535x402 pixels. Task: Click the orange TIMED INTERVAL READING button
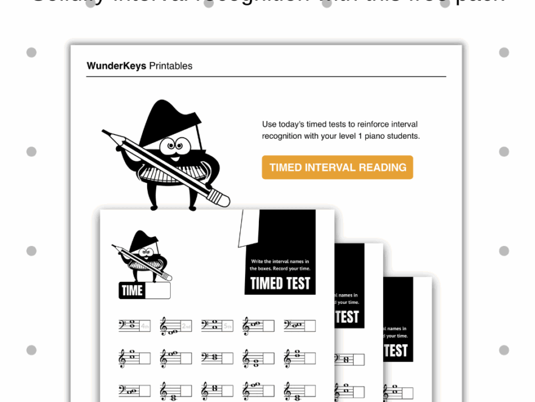337,167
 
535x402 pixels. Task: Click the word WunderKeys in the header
116,66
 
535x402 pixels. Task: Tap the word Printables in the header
171,66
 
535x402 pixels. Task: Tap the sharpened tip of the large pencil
105,132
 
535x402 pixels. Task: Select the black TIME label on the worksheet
132,291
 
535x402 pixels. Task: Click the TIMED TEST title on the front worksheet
280,283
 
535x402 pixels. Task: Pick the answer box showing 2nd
186,326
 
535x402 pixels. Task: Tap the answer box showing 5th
227,326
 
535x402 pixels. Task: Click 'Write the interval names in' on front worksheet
280,261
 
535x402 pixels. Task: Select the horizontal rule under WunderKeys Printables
266,77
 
